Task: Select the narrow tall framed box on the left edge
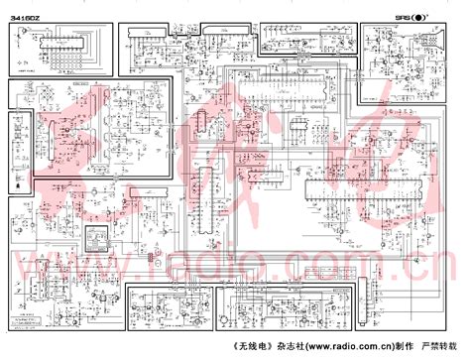click(16, 143)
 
